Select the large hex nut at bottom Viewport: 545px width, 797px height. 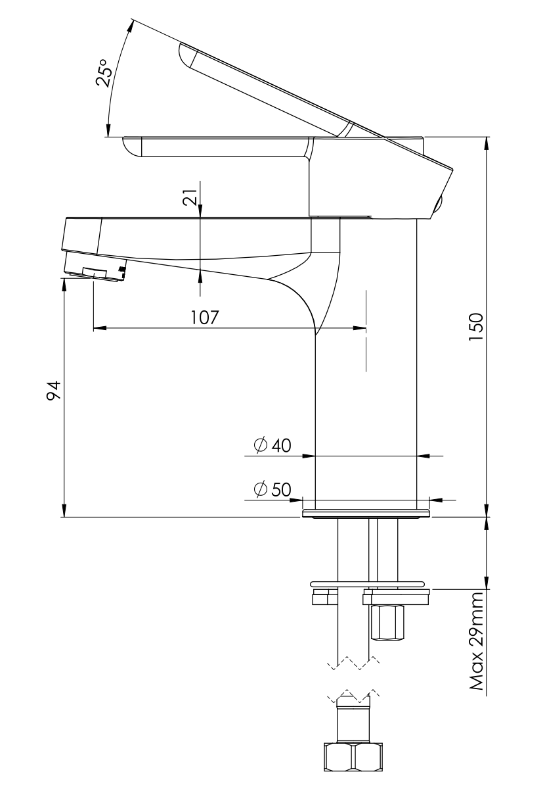click(x=352, y=757)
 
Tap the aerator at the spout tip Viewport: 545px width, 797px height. click(x=95, y=271)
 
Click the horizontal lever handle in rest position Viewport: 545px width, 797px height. click(x=217, y=146)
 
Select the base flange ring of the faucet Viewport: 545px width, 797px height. click(x=365, y=513)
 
